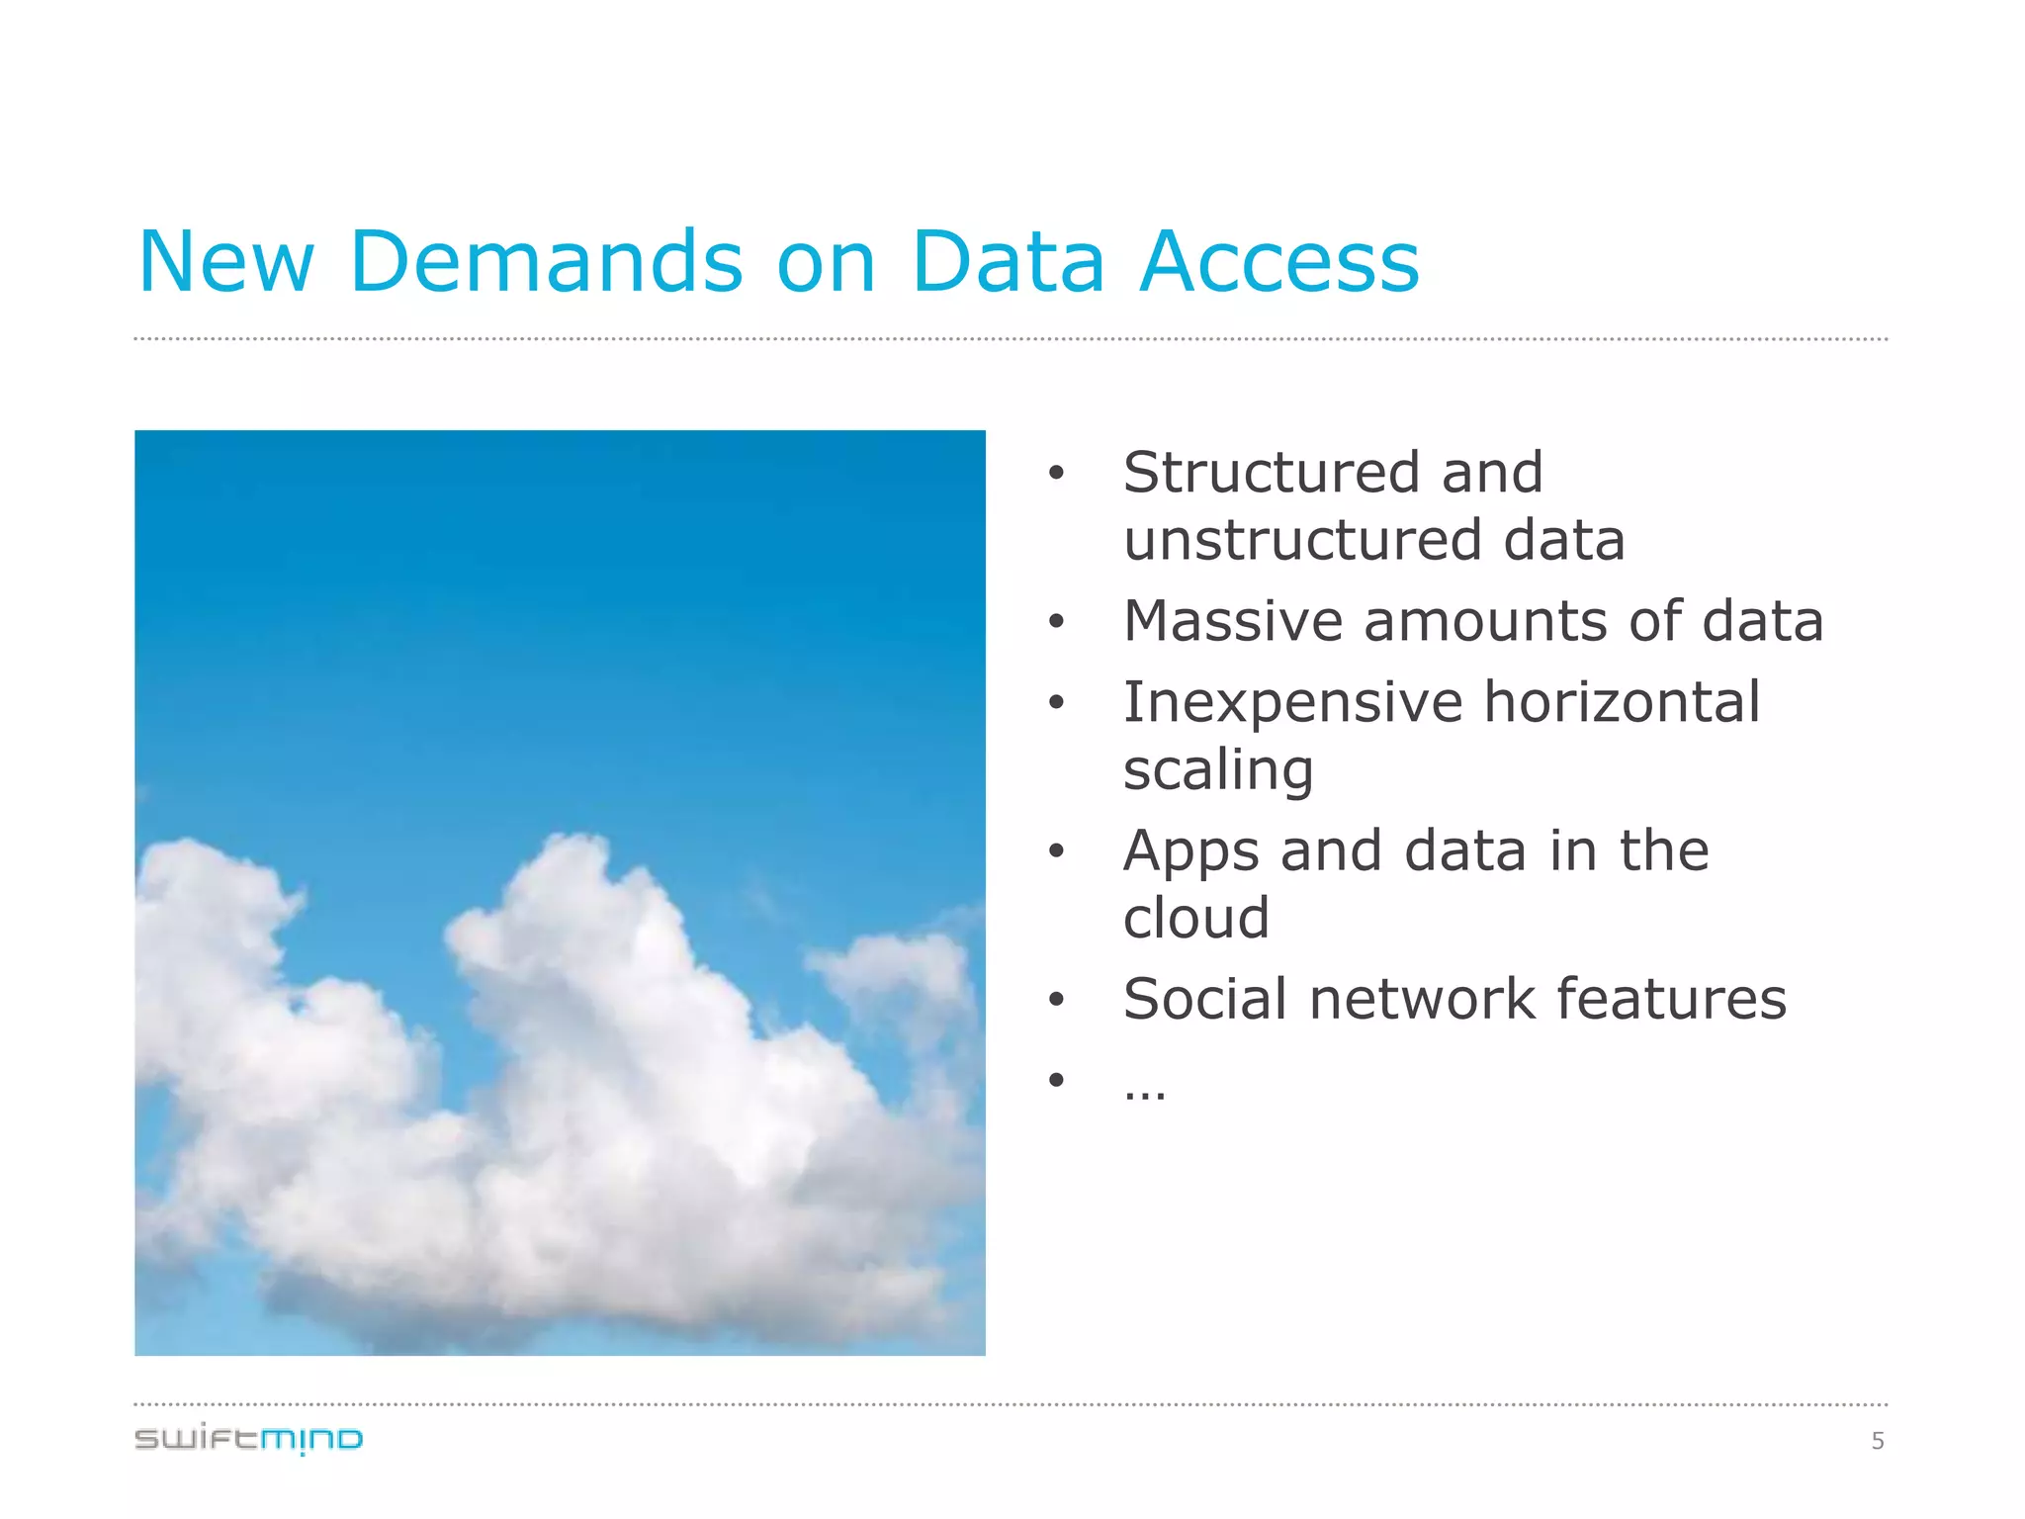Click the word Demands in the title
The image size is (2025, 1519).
(x=546, y=262)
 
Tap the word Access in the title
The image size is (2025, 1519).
(x=1279, y=262)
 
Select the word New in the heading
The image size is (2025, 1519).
(x=225, y=262)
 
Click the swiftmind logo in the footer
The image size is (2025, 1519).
(x=249, y=1439)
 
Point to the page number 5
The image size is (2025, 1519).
(x=1878, y=1441)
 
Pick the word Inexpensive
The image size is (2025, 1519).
(x=1292, y=703)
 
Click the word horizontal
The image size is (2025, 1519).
(x=1622, y=703)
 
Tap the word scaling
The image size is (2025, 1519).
(x=1218, y=771)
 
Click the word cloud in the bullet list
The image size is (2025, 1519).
(x=1196, y=919)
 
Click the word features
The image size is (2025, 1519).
(x=1672, y=1000)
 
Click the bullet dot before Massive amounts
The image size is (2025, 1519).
(x=1056, y=623)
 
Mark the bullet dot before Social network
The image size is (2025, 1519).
(x=1056, y=1001)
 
